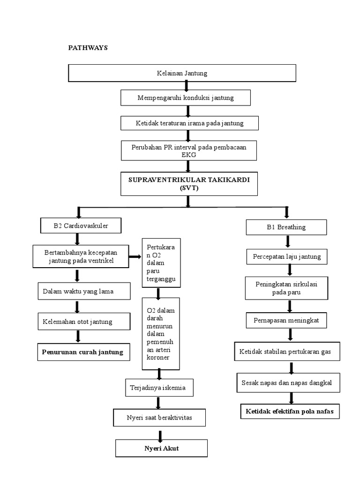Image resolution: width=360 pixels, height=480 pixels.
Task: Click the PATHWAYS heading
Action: coord(88,48)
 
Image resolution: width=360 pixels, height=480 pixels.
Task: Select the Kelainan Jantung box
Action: coord(182,73)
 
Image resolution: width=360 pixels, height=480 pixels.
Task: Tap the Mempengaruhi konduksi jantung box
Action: coord(185,98)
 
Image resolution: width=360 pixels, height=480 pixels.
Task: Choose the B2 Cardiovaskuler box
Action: coord(81,226)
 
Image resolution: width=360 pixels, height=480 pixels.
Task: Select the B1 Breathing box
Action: coord(286,227)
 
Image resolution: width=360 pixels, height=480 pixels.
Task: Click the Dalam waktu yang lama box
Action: coord(78,292)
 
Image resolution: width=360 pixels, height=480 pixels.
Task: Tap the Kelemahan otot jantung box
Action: coord(77,322)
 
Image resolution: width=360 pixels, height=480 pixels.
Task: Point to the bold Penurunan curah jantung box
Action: coord(82,352)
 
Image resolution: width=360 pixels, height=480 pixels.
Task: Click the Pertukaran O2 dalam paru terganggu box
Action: coord(161,263)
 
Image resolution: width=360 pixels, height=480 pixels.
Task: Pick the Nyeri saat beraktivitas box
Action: coord(159,417)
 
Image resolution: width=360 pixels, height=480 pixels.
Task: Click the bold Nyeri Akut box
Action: coord(161,449)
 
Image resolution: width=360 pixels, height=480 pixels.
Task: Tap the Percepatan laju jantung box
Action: coord(286,256)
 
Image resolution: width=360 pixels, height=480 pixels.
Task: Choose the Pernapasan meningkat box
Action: coord(286,320)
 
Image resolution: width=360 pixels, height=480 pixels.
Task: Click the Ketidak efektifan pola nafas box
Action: coord(290,412)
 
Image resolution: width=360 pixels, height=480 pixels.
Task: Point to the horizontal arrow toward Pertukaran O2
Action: coord(135,256)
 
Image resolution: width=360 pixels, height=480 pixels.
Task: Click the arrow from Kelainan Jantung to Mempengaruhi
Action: coord(187,86)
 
